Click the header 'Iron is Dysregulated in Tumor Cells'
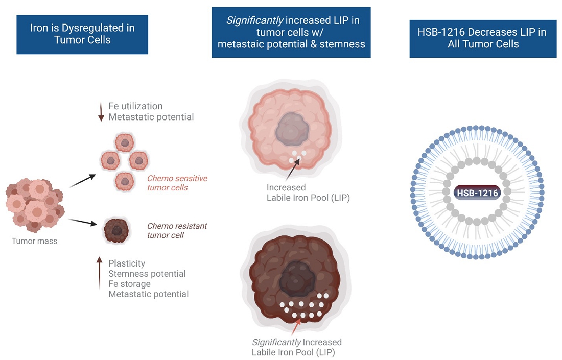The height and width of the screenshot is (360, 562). (82, 34)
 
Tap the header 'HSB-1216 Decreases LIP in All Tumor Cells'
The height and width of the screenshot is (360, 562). (483, 38)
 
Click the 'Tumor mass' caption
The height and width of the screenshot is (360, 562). (35, 241)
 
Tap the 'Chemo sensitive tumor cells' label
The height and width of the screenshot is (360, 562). (177, 183)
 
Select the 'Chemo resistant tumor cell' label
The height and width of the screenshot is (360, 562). (177, 230)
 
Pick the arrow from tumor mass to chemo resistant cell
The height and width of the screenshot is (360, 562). (82, 222)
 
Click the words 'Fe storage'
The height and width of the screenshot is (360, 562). (129, 284)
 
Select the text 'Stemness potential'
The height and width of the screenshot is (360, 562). (147, 274)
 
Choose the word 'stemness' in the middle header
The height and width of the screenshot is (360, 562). (342, 44)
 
